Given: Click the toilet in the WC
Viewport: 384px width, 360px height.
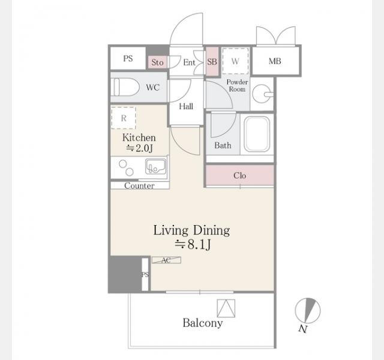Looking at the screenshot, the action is click(x=125, y=87).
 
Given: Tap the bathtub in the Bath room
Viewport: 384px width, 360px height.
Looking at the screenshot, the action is click(x=257, y=134).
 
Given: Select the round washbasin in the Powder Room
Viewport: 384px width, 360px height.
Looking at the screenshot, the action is click(x=262, y=94).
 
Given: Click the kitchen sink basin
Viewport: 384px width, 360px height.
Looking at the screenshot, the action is click(x=155, y=166).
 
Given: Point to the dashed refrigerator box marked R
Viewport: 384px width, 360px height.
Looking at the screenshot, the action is click(x=124, y=118).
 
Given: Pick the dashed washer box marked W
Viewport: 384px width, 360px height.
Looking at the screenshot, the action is click(x=235, y=61).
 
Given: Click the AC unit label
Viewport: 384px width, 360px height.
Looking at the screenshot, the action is click(x=166, y=260).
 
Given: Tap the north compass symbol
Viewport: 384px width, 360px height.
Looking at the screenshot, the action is click(x=307, y=311).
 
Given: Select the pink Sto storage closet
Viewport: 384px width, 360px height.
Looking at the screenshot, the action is click(x=157, y=62).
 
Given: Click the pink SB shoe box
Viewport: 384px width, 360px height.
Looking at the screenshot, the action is click(x=212, y=61).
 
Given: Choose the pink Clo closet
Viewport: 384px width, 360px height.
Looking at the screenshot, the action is click(x=239, y=175).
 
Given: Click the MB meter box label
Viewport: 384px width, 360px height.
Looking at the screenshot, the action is click(x=275, y=61).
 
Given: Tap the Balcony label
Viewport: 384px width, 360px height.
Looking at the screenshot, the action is click(x=203, y=323).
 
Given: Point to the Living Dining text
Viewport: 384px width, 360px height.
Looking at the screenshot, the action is click(x=191, y=230).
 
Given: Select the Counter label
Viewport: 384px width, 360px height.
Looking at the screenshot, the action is click(x=139, y=185).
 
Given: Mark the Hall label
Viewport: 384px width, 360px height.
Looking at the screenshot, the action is click(x=186, y=106).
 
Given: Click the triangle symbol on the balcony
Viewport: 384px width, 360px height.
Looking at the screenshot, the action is click(x=226, y=308).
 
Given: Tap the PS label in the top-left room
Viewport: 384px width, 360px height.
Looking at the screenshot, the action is click(x=128, y=59).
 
